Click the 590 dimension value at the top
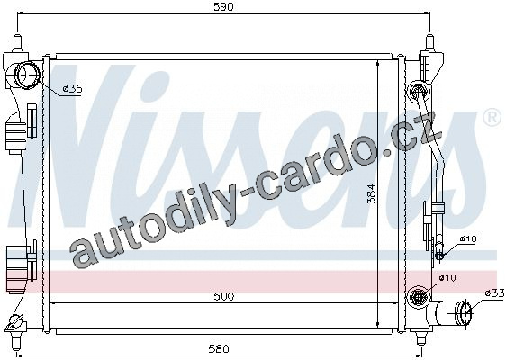[223, 7]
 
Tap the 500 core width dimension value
[223, 296]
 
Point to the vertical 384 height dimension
[372, 193]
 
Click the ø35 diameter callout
[72, 89]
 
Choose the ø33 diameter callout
[494, 292]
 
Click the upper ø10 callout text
[468, 239]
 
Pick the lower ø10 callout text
[447, 277]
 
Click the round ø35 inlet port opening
[27, 76]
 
